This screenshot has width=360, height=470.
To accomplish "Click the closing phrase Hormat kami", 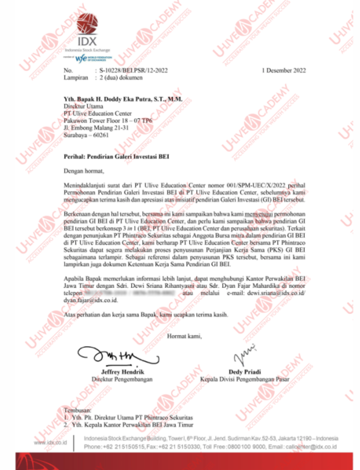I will [185, 336].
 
